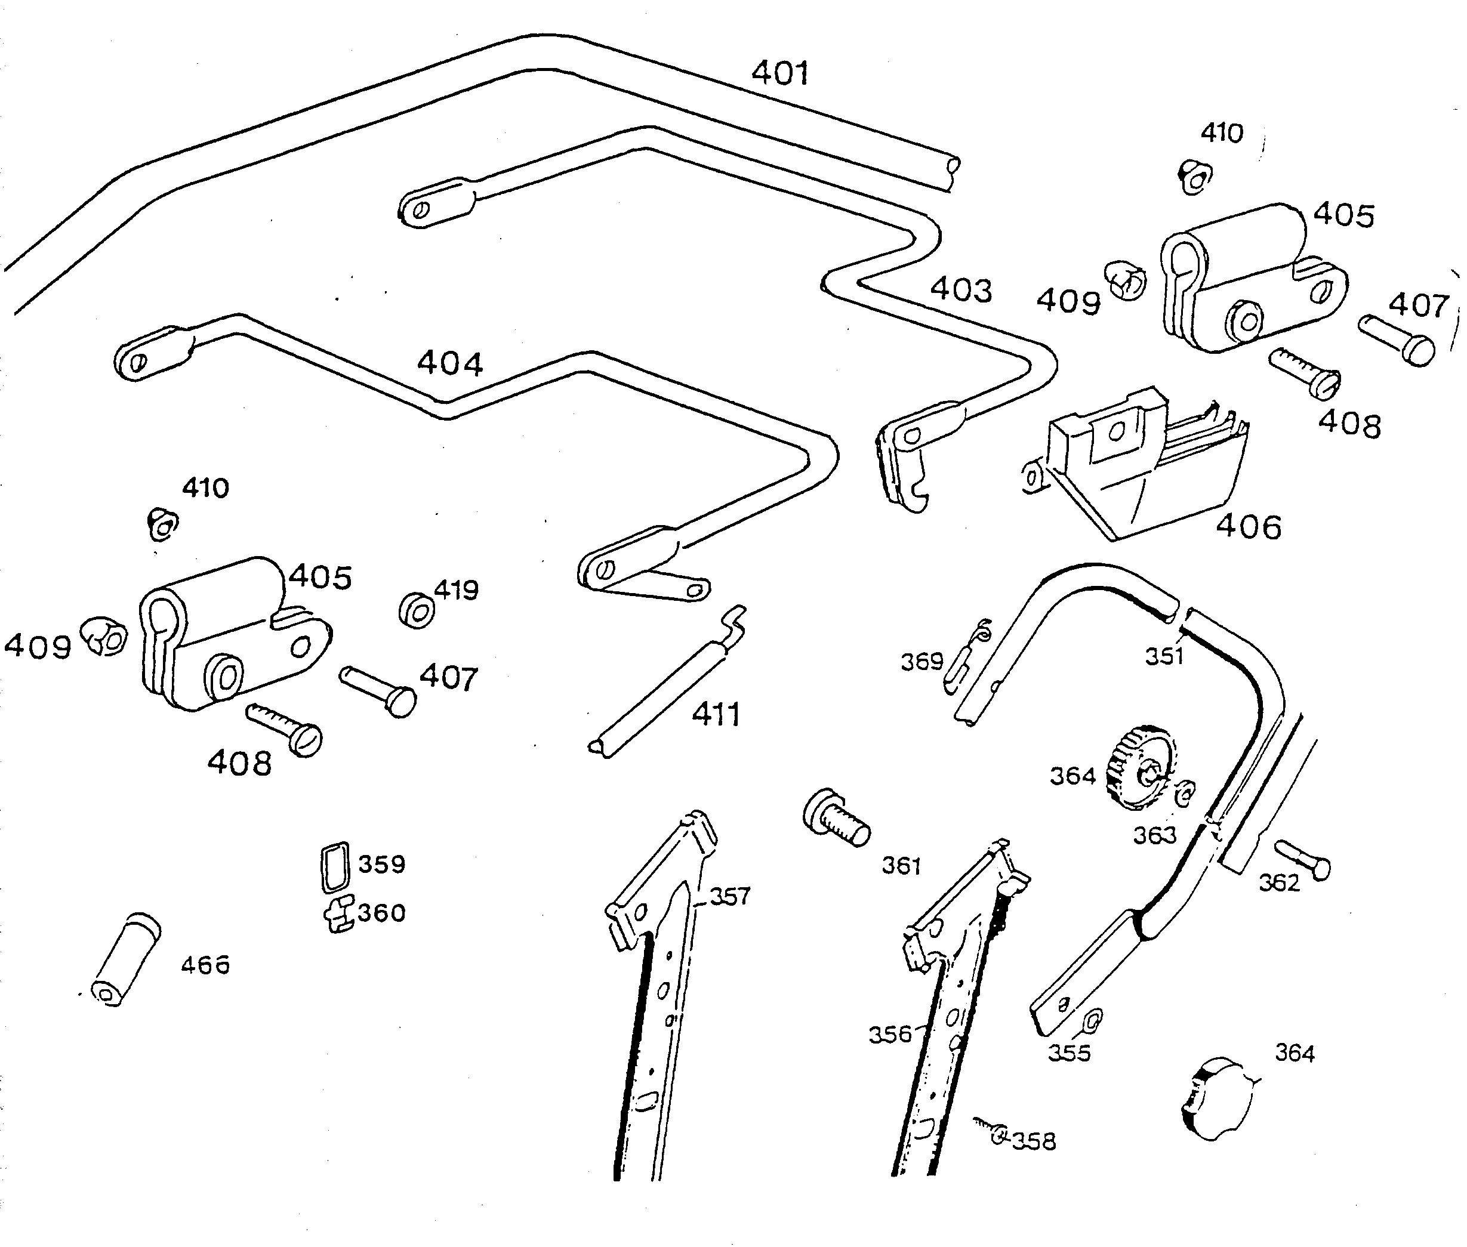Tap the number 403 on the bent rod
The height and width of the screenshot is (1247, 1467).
(x=960, y=290)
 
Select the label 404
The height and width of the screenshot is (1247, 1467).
(x=449, y=364)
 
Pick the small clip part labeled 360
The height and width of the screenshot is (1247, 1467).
(x=340, y=913)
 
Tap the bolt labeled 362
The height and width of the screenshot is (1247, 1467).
(x=1303, y=859)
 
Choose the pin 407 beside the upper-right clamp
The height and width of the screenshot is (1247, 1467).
(x=1397, y=340)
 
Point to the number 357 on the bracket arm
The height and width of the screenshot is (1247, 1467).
(x=729, y=896)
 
